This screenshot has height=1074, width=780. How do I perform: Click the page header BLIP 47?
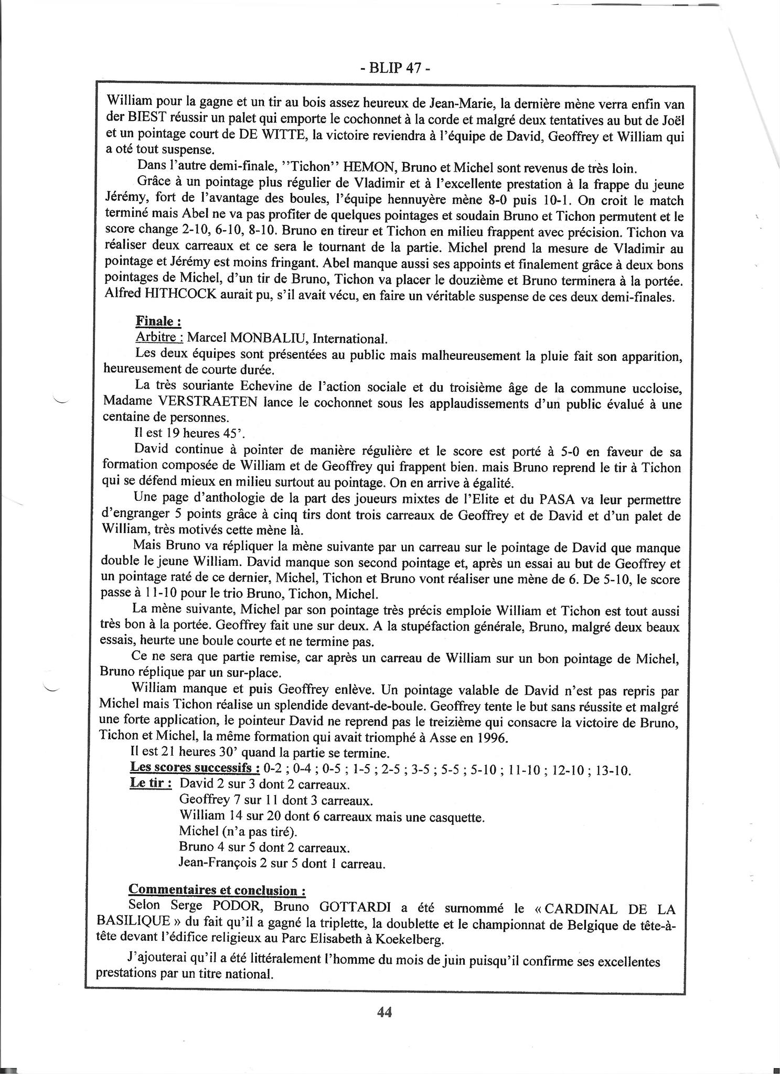coord(389,69)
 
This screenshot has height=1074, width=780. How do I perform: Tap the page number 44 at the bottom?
coord(384,1012)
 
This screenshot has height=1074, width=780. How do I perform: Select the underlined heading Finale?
coord(158,321)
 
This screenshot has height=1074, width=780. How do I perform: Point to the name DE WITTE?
coord(273,136)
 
